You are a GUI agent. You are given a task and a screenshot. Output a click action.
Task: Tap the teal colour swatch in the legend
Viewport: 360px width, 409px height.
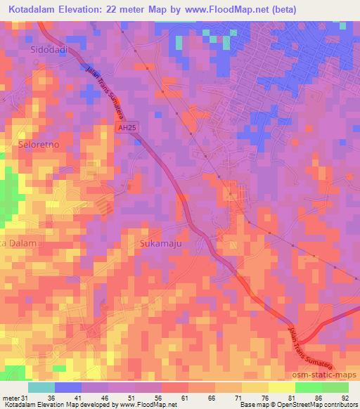point(41,387)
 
